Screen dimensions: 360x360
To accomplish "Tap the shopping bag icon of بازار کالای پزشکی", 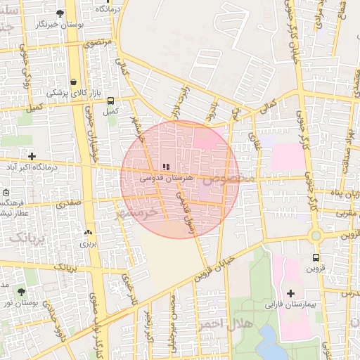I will [74, 82].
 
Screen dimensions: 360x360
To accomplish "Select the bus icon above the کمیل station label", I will [110, 101].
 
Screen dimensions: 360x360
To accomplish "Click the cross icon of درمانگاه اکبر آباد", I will [32, 155].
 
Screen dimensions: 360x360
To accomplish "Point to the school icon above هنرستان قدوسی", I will [166, 167].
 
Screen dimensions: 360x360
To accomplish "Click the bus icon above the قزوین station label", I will [316, 257].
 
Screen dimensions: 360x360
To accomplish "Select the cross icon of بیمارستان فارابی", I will [291, 292].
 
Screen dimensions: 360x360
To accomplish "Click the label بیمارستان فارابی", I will [285, 305].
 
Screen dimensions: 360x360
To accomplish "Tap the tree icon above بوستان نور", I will [21, 291].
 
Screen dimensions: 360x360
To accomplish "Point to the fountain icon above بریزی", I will [88, 233].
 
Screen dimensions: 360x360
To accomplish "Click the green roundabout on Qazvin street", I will [316, 236].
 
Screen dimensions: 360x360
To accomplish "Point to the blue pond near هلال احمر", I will [269, 342].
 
